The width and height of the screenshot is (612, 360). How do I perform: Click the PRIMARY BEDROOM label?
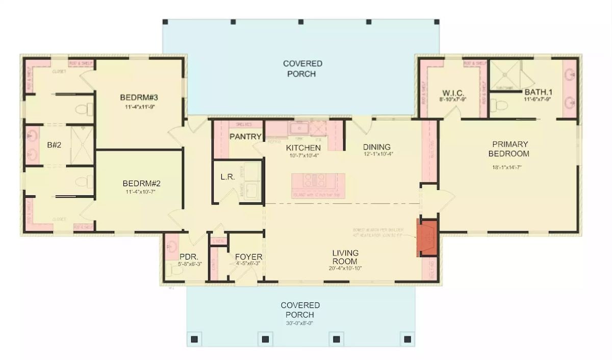point(508,149)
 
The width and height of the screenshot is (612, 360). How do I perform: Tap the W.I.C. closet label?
point(452,93)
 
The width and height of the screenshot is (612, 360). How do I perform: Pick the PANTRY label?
point(245,137)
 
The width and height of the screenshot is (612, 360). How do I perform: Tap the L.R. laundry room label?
point(227,177)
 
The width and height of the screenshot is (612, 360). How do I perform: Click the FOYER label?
point(248,256)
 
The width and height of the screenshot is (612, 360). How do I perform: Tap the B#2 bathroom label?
point(55,145)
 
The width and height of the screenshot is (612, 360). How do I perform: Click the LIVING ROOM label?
point(345,257)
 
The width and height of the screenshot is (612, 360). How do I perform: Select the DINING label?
point(377,147)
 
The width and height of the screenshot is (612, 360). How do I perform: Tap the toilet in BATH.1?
point(500,106)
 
